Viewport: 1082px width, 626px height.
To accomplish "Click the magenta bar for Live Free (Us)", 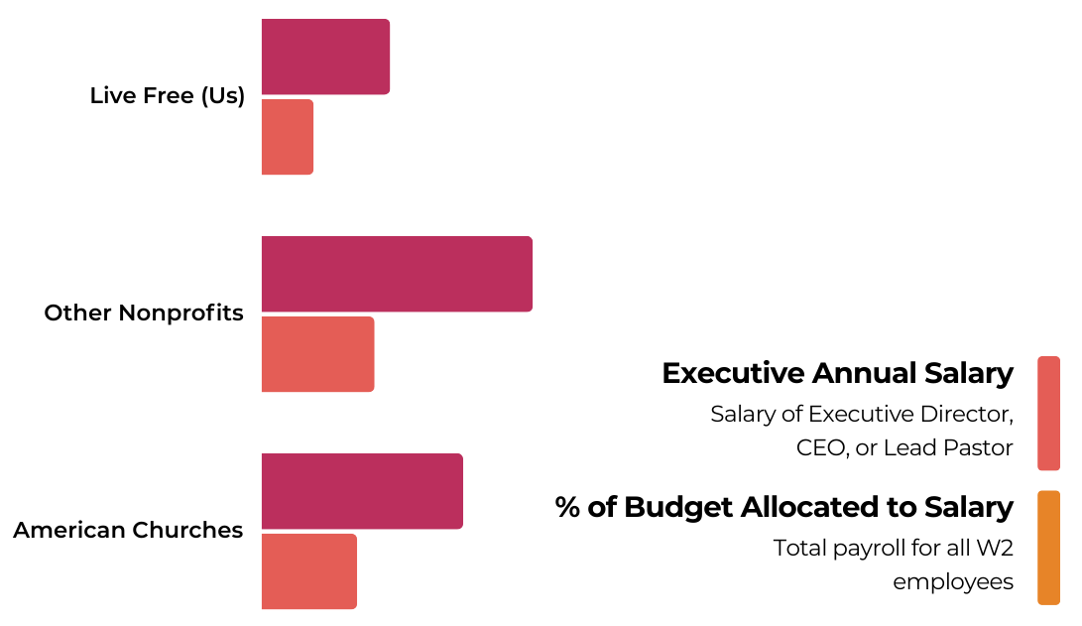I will click(325, 57).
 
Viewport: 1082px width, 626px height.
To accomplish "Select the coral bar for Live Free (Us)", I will click(288, 137).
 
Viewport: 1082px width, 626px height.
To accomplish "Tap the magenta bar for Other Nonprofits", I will click(397, 274).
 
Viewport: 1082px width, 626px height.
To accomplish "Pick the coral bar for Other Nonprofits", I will click(317, 354).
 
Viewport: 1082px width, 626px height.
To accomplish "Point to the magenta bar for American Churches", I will click(362, 491).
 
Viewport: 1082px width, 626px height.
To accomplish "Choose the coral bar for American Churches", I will click(308, 571).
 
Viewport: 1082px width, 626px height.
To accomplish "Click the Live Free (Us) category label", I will click(167, 96).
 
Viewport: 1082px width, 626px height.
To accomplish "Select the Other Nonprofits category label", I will click(144, 313).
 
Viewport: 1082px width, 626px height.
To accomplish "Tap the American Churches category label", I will click(128, 531).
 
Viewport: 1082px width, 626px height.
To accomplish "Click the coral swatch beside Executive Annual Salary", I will click(1048, 413).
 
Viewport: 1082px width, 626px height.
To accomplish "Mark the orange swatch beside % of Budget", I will click(1048, 548).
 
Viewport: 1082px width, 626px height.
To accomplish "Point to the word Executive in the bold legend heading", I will click(733, 374).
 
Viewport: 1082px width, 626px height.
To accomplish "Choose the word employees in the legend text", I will click(953, 582).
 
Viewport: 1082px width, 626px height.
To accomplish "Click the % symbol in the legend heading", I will click(567, 508).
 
